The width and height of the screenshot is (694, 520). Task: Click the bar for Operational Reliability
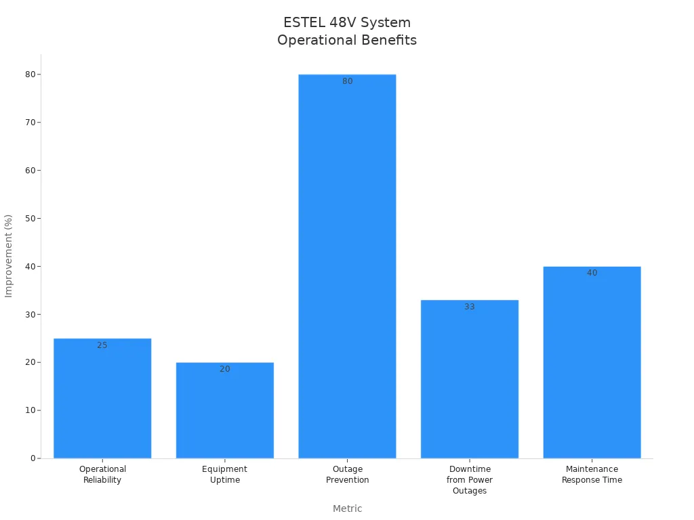tap(102, 399)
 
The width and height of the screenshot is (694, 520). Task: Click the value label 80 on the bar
tap(347, 81)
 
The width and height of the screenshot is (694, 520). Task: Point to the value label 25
tap(102, 345)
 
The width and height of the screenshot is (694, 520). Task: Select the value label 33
tap(470, 307)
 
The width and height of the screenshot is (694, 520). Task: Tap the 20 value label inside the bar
tap(224, 369)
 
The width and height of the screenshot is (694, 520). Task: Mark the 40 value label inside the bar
tap(592, 273)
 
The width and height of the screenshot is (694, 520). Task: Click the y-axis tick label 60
tap(30, 171)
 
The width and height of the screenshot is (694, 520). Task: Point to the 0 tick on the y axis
tap(33, 458)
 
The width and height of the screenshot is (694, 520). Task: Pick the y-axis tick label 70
tap(30, 123)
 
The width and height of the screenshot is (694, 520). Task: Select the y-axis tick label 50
tap(30, 219)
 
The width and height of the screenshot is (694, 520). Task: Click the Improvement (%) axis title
tap(9, 256)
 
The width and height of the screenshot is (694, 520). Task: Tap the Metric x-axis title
tap(347, 508)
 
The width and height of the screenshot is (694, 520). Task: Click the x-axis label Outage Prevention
tap(347, 475)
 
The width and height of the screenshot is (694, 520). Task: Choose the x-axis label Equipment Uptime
tap(224, 475)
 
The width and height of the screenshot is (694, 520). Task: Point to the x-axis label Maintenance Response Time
tap(592, 475)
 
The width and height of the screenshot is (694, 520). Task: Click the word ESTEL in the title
tap(303, 22)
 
